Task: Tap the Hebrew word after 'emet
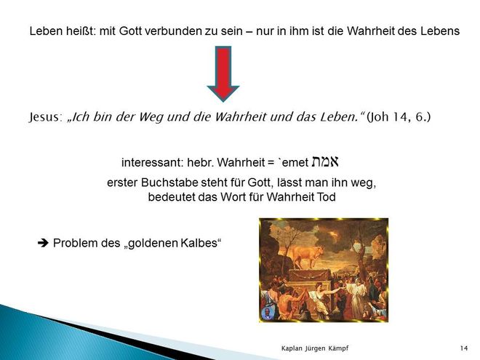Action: (325, 161)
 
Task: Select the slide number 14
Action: (464, 348)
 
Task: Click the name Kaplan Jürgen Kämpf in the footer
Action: (315, 348)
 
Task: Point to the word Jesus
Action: (45, 116)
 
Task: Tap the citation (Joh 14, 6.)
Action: (399, 116)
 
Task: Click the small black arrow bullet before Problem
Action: (43, 243)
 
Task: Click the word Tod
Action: (326, 197)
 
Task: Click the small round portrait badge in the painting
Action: (268, 313)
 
